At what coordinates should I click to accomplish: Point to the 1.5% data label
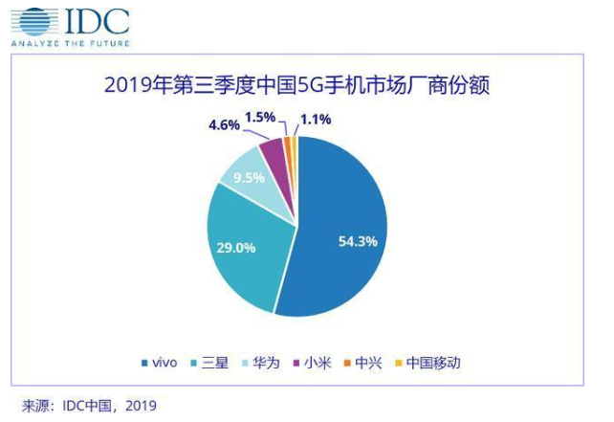coord(260,117)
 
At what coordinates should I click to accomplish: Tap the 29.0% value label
coord(236,248)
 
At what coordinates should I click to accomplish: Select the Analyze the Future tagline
coord(71,44)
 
